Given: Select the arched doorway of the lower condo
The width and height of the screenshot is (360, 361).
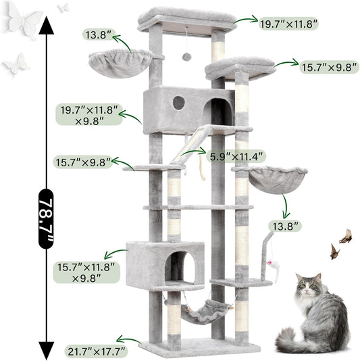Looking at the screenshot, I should (x=184, y=268).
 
